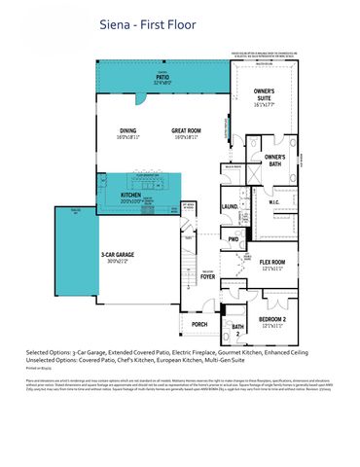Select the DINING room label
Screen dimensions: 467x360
pyautogui.click(x=126, y=131)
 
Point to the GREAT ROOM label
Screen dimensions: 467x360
pyautogui.click(x=186, y=131)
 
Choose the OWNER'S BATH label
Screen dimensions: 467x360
pyautogui.click(x=274, y=159)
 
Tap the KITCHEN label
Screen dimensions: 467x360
pyautogui.click(x=131, y=196)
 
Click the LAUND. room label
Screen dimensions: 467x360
pyautogui.click(x=231, y=207)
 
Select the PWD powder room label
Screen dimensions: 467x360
pyautogui.click(x=234, y=238)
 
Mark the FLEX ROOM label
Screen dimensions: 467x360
pyautogui.click(x=271, y=264)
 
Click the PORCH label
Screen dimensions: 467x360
pyautogui.click(x=199, y=324)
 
